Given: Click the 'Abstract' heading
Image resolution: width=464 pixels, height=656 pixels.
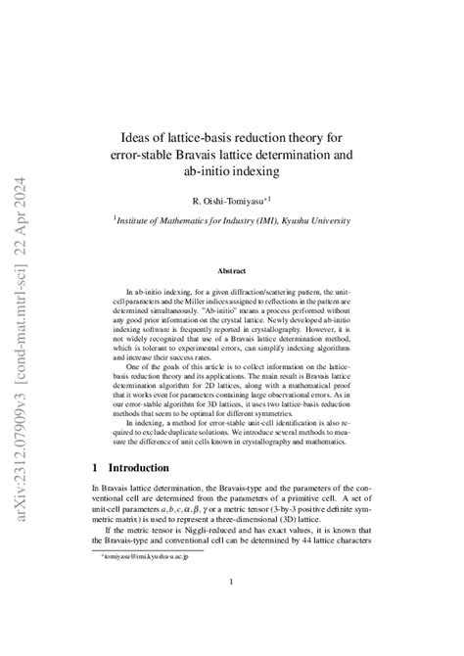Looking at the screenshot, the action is coord(231,269).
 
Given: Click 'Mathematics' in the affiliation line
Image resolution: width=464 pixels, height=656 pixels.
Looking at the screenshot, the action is coord(196,221).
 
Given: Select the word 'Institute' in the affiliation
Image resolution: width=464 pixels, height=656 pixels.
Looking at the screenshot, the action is coord(136,221).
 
